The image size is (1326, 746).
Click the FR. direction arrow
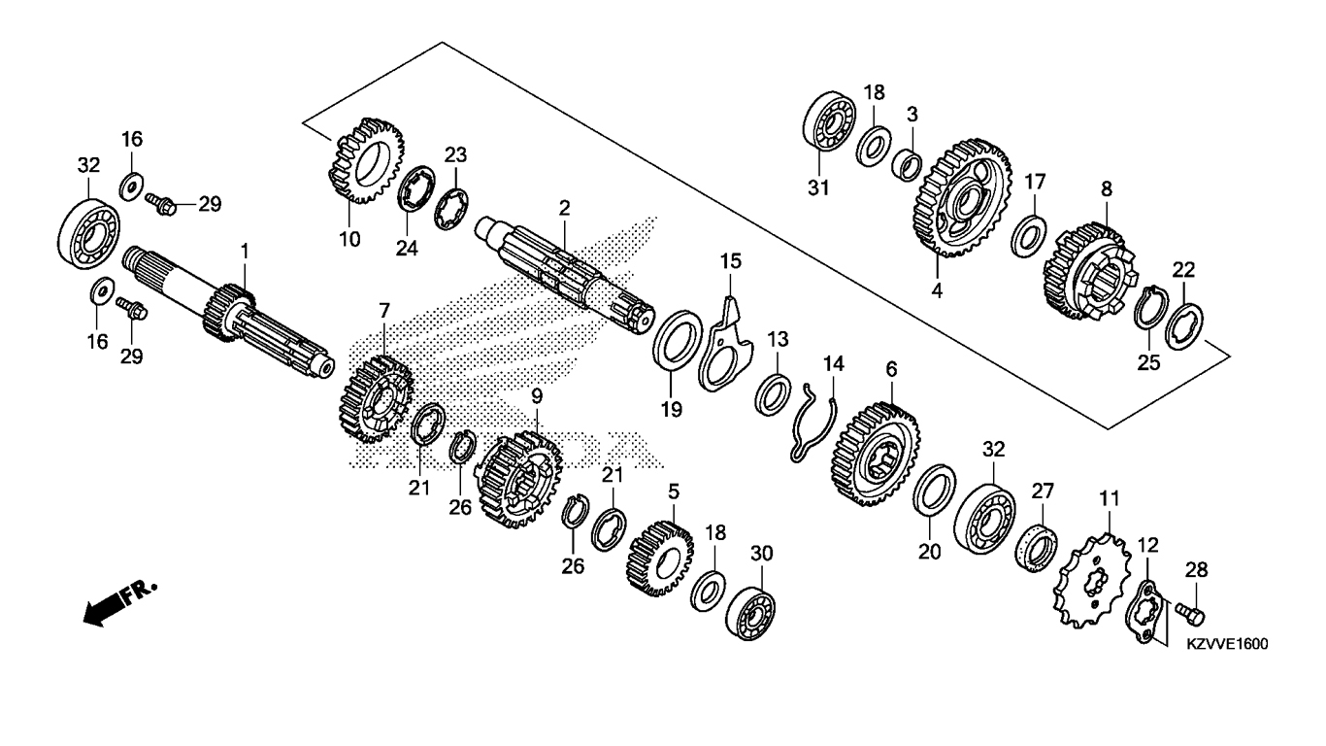[x=120, y=602]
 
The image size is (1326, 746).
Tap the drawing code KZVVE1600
[x=1227, y=644]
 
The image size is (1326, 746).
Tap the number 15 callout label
[x=731, y=260]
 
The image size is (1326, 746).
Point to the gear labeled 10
[x=366, y=160]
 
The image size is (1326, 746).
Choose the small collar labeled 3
[x=907, y=165]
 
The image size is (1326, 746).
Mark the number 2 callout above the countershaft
[x=564, y=208]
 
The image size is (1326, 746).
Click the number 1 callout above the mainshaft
[x=244, y=252]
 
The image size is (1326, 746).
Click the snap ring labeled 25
[x=1150, y=308]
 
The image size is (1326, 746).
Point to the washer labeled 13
[x=773, y=394]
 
